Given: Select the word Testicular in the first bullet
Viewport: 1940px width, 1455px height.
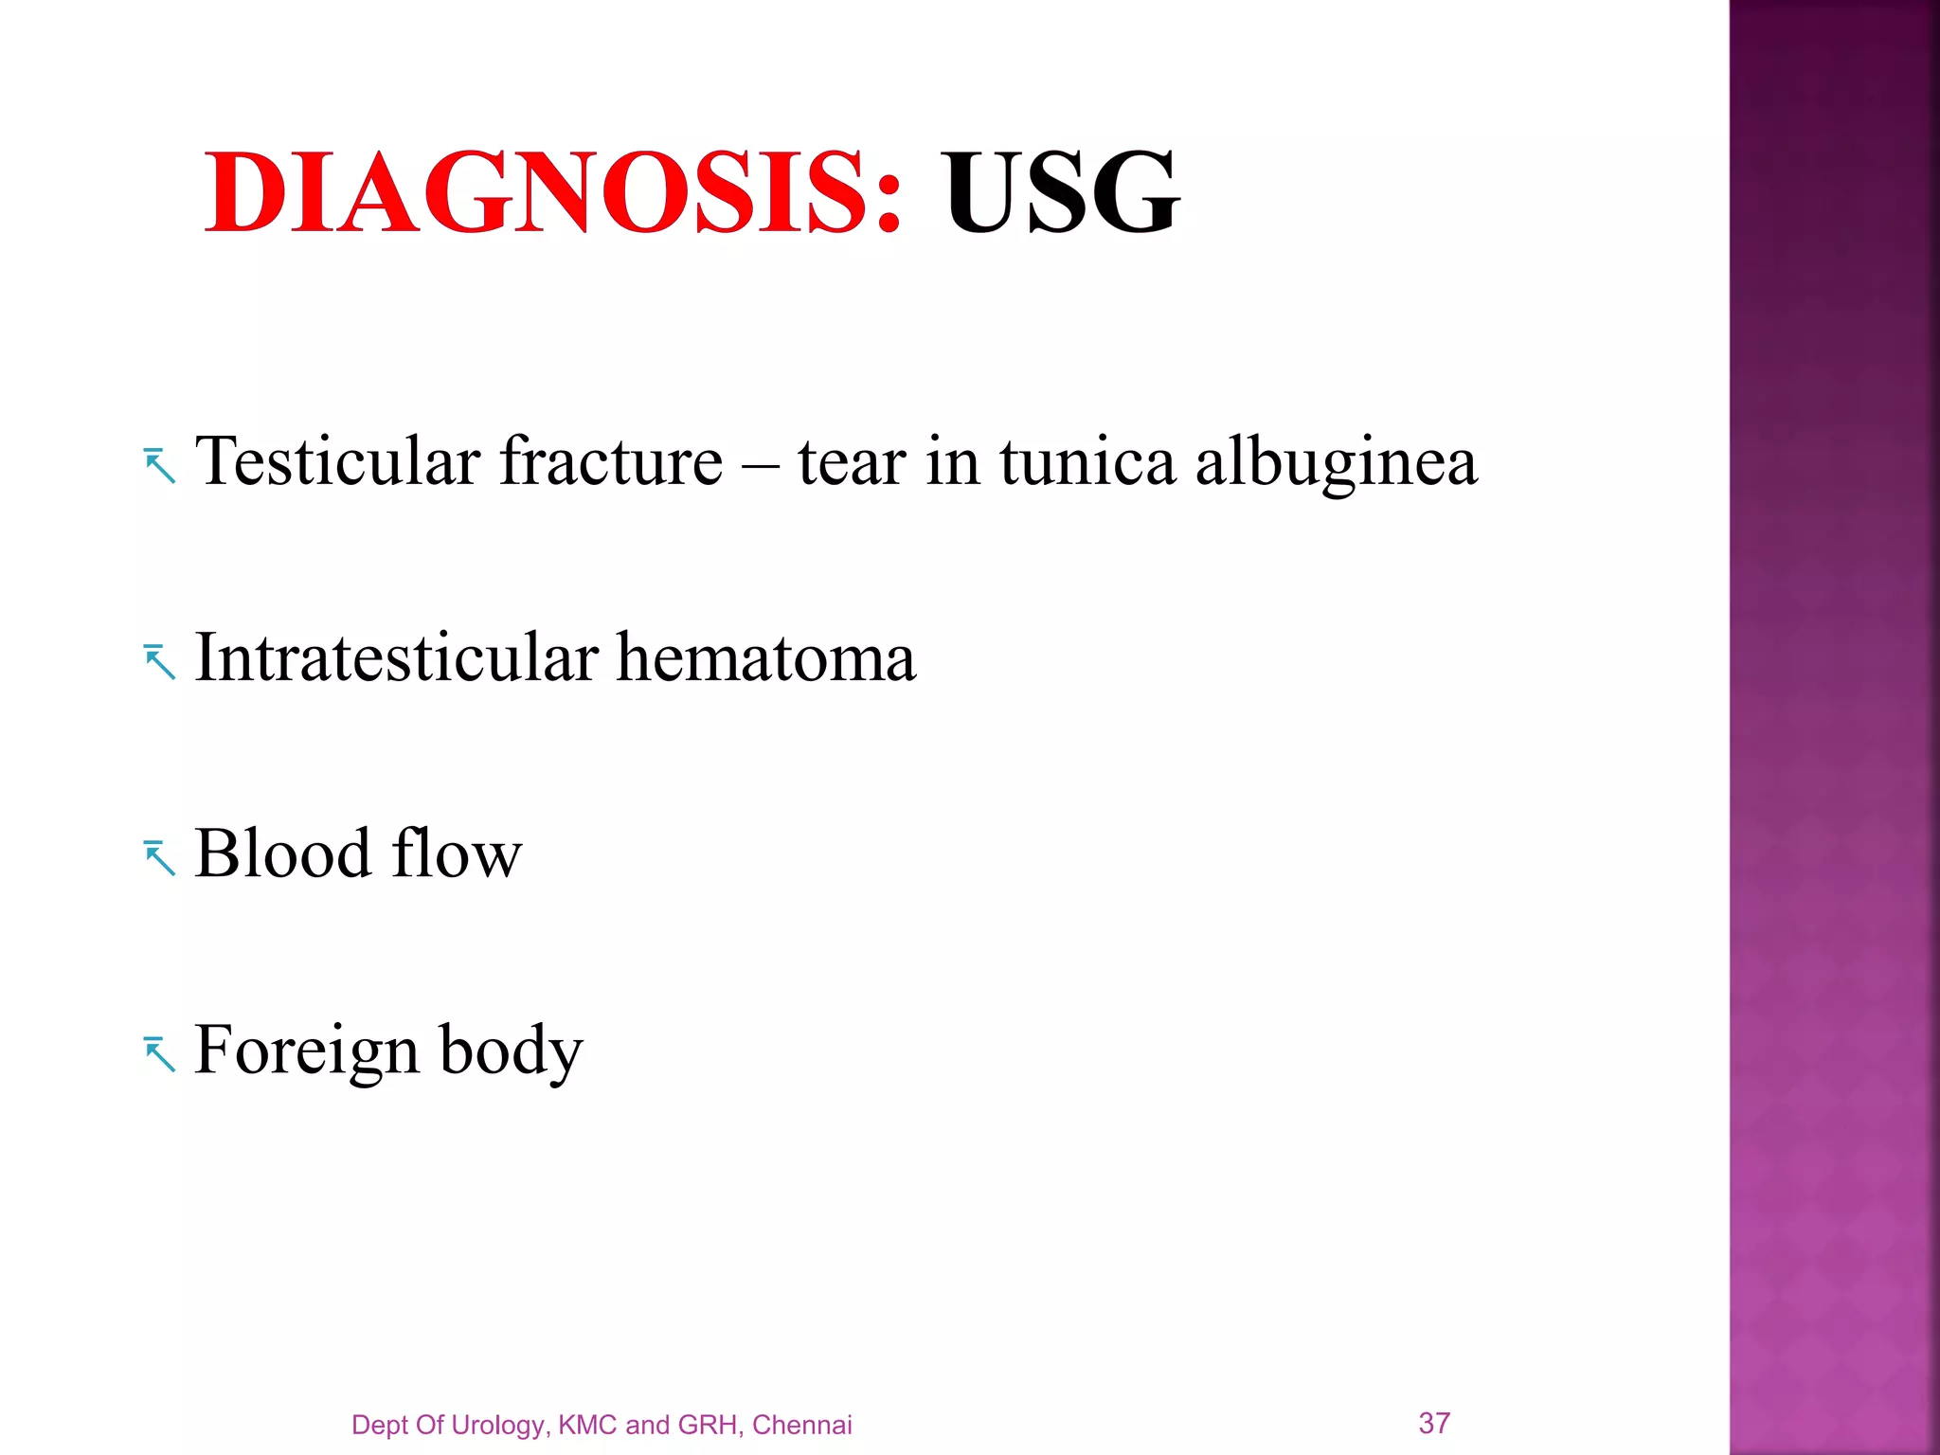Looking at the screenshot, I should [x=337, y=461].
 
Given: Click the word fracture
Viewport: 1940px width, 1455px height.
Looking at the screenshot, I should [x=611, y=461].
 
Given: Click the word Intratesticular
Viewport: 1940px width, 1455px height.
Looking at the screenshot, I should [x=396, y=657].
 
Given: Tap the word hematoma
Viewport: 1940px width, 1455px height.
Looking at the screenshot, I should [x=766, y=657].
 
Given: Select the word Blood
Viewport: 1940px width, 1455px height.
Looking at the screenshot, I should [x=282, y=853].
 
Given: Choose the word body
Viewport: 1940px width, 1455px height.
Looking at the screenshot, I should [x=512, y=1051].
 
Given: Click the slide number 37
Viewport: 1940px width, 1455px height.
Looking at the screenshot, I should [x=1434, y=1422].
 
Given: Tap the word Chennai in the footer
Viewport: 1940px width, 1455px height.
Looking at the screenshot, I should [x=801, y=1425].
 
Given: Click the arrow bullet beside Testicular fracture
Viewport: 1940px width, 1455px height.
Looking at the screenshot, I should [x=160, y=466].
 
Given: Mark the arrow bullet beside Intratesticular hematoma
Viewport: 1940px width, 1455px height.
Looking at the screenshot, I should [x=160, y=662].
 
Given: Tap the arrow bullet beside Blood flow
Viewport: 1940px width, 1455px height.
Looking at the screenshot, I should [x=160, y=858].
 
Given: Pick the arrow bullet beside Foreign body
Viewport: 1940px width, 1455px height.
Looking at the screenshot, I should [x=160, y=1054].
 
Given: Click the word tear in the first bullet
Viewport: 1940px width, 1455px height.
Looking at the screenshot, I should [x=852, y=463].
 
